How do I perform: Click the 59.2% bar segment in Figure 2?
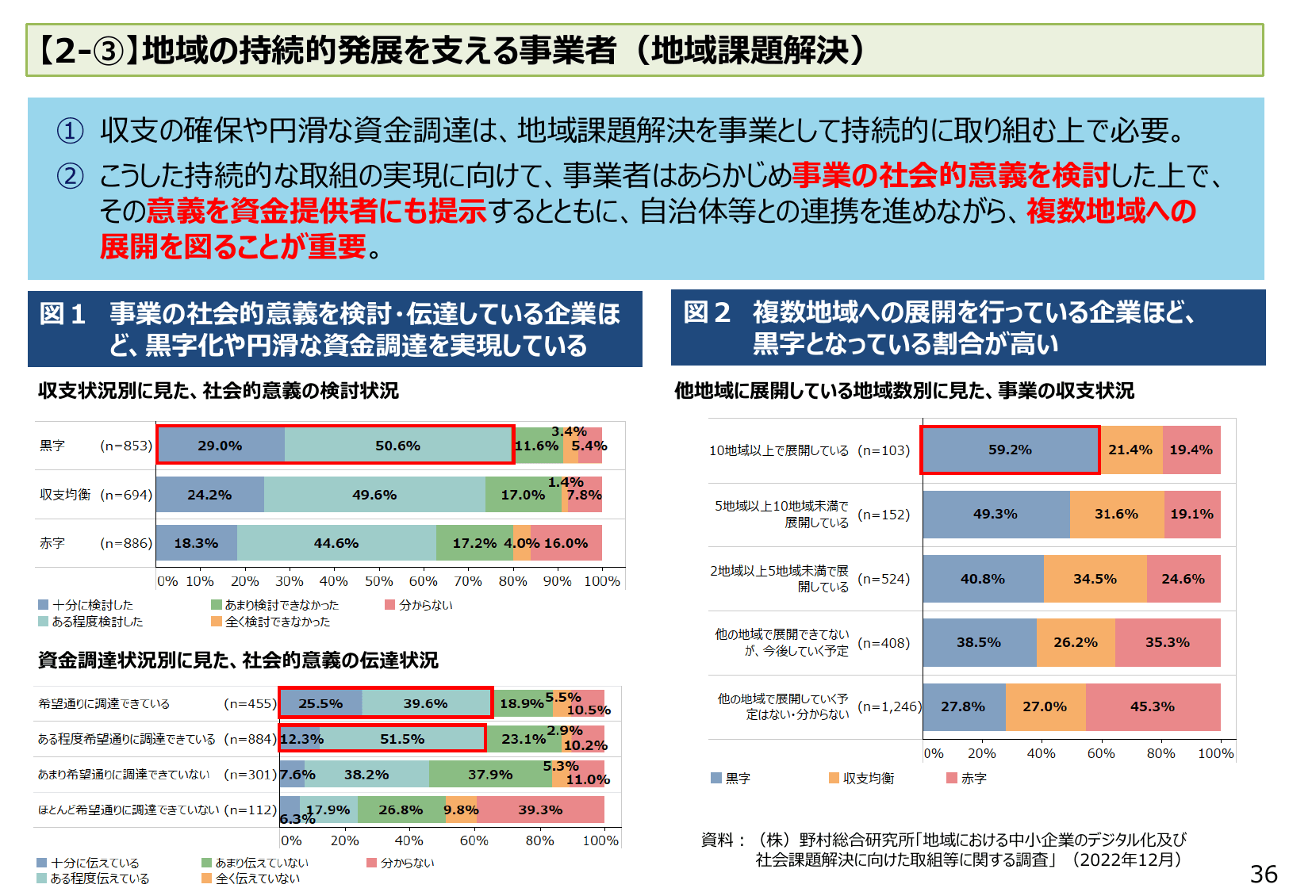(x=1010, y=450)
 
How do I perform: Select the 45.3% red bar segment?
(x=1152, y=706)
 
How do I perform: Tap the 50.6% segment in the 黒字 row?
(x=397, y=446)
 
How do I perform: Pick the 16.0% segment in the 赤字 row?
(x=566, y=543)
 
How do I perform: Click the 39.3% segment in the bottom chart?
(x=540, y=810)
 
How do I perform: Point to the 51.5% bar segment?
(x=402, y=739)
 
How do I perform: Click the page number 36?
(x=1263, y=874)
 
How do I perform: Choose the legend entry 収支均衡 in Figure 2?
(x=868, y=779)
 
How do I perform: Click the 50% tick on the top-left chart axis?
(x=378, y=581)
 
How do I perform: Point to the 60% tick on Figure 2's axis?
(x=1100, y=753)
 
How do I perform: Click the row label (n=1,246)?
(x=889, y=706)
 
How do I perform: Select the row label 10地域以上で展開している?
(x=778, y=450)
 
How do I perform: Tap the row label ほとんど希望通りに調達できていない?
(x=129, y=810)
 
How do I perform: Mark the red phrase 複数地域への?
(x=1111, y=211)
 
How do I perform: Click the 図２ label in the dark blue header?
(x=706, y=312)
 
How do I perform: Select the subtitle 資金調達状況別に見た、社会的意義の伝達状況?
(x=238, y=660)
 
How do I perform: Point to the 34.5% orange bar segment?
(x=1095, y=579)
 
